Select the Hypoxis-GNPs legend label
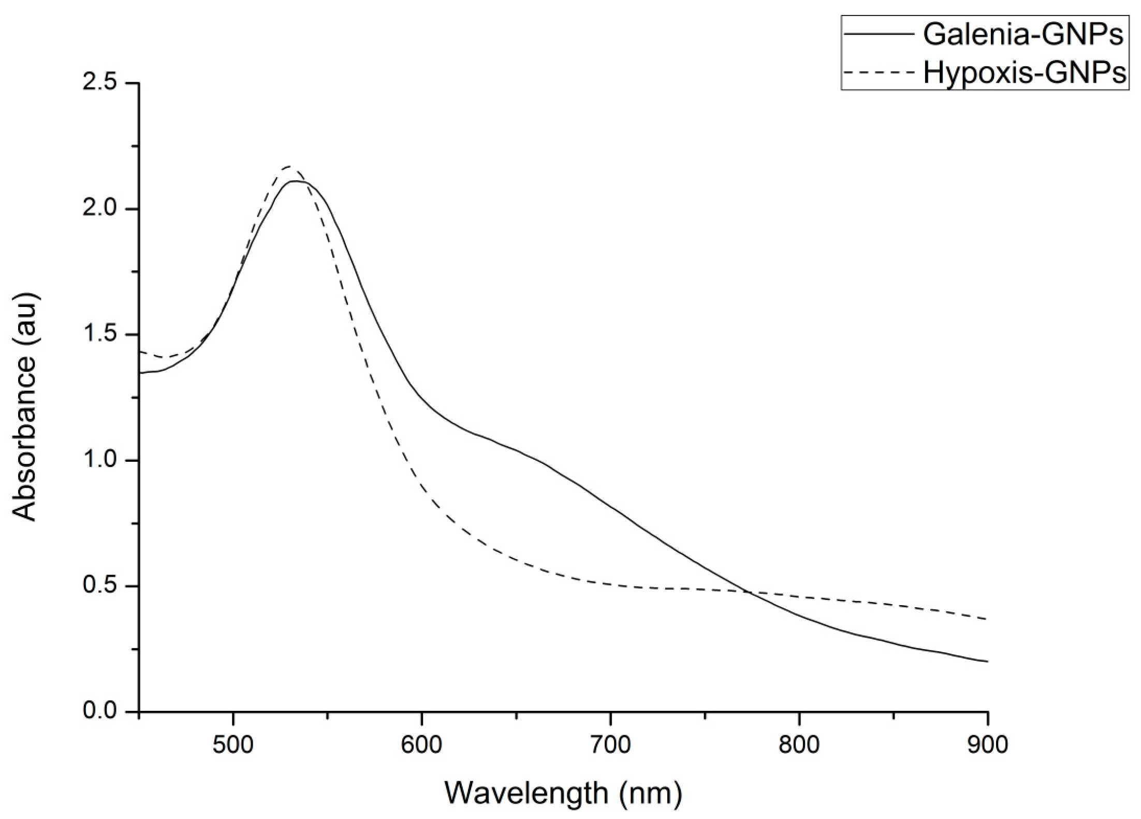[x=1025, y=73]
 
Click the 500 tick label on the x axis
[x=233, y=744]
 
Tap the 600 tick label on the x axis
[x=422, y=744]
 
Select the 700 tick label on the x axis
[x=610, y=744]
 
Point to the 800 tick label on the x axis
[x=799, y=744]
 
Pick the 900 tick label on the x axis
[x=988, y=744]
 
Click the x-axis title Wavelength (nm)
[x=563, y=793]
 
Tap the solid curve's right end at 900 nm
[x=987, y=661]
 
